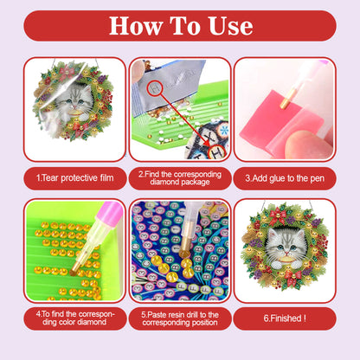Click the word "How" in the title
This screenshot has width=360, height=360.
(x=138, y=25)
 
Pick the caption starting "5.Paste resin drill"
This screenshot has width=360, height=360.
(x=179, y=318)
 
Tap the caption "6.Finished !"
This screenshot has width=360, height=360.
(x=285, y=318)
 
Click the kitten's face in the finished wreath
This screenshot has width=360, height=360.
(x=285, y=241)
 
